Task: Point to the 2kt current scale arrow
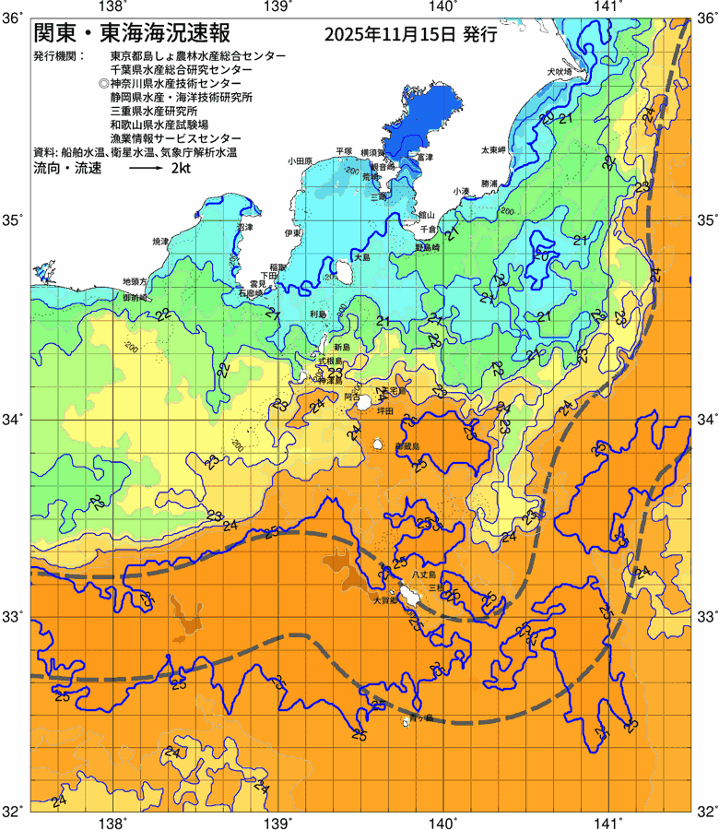tap(147, 170)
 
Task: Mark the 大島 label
tap(361, 258)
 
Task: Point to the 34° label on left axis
tap(15, 420)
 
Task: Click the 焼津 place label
tap(161, 242)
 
